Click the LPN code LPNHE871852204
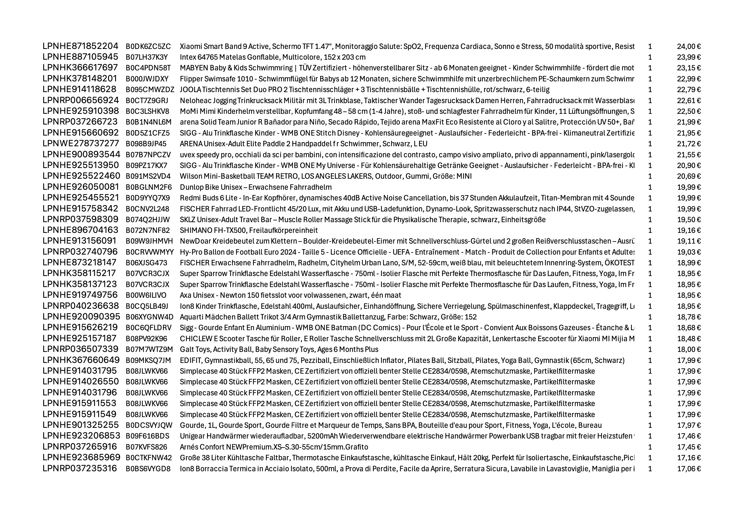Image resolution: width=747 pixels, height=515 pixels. click(x=80, y=46)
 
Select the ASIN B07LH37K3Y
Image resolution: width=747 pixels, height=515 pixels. click(x=147, y=57)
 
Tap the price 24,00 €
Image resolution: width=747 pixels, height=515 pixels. click(x=688, y=46)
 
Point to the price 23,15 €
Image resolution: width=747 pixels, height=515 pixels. click(x=688, y=68)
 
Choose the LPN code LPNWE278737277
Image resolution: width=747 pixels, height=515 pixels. click(x=81, y=144)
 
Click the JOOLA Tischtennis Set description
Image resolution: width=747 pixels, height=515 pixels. click(x=364, y=90)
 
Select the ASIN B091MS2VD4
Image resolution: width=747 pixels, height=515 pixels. click(x=148, y=176)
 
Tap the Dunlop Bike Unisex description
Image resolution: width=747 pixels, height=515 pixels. click(x=255, y=187)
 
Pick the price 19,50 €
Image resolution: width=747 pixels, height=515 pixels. click(x=688, y=220)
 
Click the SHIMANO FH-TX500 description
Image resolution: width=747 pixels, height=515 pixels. click(x=249, y=230)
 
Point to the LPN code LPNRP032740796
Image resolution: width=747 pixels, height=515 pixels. click(x=80, y=252)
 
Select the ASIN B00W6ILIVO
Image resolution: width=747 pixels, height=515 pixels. click(x=146, y=295)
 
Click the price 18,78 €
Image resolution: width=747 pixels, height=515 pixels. click(x=688, y=317)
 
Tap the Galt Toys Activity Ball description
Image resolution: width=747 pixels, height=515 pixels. click(x=279, y=349)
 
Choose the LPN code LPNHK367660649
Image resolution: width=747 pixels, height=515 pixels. click(x=81, y=360)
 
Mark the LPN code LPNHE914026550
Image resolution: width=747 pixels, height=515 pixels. click(x=81, y=382)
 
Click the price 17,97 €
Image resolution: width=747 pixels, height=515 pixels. click(x=688, y=425)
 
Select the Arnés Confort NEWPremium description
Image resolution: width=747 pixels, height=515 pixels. click(x=273, y=447)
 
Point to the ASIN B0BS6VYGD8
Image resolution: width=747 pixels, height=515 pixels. click(x=148, y=469)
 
